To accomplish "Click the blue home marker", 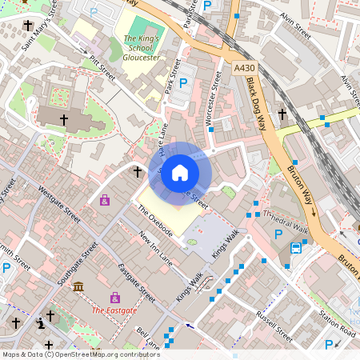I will tap(180, 172).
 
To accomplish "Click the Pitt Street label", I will tap(102, 70).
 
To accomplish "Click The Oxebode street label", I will tap(155, 219).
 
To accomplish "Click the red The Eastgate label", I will tap(114, 310).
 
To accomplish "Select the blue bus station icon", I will tap(296, 247).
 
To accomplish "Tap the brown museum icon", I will tap(78, 286).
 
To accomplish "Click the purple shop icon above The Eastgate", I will tap(115, 297).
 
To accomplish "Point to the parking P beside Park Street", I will tap(183, 82).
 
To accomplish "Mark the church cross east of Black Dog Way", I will tap(282, 114).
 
